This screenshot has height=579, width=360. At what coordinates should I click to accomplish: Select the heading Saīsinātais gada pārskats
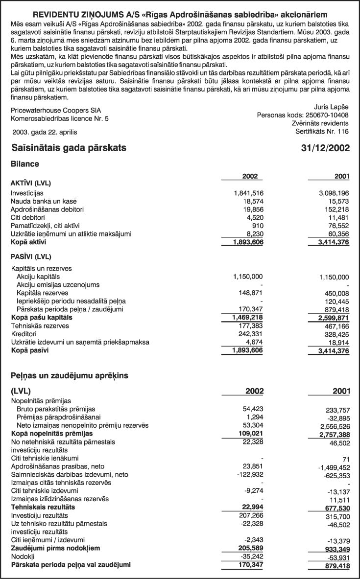[68, 148]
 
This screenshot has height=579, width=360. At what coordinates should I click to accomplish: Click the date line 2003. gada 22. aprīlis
[45, 132]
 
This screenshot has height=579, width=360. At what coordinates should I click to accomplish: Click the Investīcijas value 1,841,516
[250, 193]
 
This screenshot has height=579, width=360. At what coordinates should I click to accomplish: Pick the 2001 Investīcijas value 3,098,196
[332, 193]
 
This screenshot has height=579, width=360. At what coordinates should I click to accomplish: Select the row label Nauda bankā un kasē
[44, 201]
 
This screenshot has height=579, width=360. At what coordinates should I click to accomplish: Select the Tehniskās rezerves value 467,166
[336, 326]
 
